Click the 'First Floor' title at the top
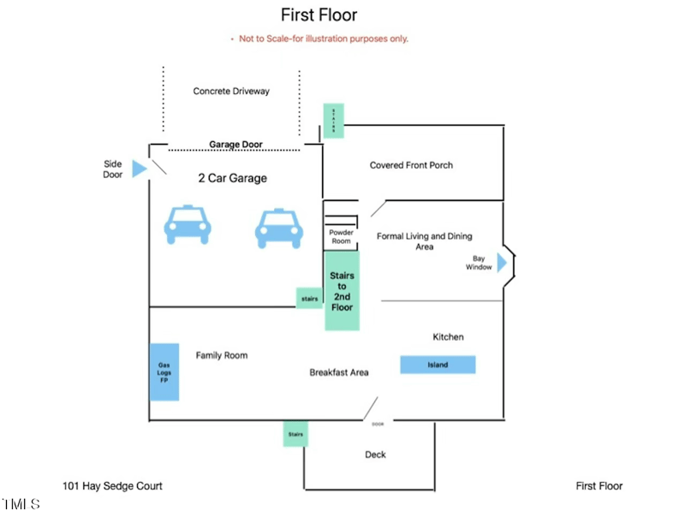[x=319, y=15]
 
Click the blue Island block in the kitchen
[x=438, y=365]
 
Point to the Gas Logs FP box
[x=164, y=372]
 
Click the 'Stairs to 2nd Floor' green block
[x=342, y=291]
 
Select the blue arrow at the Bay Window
[x=503, y=262]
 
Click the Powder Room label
[x=341, y=236]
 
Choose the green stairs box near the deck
[x=295, y=434]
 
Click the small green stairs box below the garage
[x=309, y=299]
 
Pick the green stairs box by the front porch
[x=333, y=121]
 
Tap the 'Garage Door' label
[x=236, y=145]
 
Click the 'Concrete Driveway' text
[x=231, y=91]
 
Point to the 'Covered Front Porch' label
[x=411, y=165]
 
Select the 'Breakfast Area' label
[x=339, y=372]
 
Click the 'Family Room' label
[x=222, y=355]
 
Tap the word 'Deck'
[x=376, y=454]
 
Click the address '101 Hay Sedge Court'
[x=112, y=486]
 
